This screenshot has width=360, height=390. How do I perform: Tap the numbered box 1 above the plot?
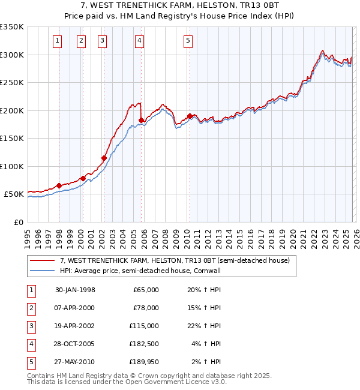click(x=57, y=41)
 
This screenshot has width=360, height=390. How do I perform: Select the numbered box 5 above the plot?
click(x=188, y=41)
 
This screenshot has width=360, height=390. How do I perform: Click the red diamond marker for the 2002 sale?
click(x=104, y=158)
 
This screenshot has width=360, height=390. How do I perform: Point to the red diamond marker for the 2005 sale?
click(x=142, y=121)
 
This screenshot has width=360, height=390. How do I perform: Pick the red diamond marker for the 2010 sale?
click(x=190, y=116)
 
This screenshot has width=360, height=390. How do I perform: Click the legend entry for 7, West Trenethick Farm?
click(x=175, y=260)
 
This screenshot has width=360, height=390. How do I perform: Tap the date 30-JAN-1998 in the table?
click(x=75, y=290)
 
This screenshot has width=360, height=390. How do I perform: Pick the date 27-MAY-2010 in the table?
click(x=75, y=362)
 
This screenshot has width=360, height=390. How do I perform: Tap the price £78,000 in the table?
click(x=146, y=308)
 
